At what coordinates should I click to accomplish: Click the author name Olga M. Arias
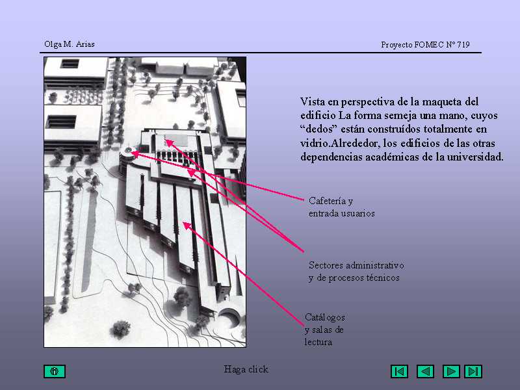tap(70, 44)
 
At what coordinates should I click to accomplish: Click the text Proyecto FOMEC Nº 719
tap(425, 44)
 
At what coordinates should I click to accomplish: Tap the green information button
tap(55, 371)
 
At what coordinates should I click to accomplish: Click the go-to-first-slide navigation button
tap(399, 371)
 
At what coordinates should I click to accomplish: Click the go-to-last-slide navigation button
tap(473, 371)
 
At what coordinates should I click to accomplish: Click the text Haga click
tap(246, 369)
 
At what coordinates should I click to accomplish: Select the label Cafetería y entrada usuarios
tap(342, 207)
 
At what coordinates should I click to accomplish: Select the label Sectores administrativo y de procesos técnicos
tap(356, 271)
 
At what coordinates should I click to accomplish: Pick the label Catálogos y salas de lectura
tap(324, 330)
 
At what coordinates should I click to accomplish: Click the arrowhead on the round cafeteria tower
tap(135, 153)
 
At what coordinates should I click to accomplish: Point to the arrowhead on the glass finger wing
tap(187, 226)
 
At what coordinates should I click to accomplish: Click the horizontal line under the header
tap(261, 53)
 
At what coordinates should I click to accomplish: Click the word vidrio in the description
tap(315, 143)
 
